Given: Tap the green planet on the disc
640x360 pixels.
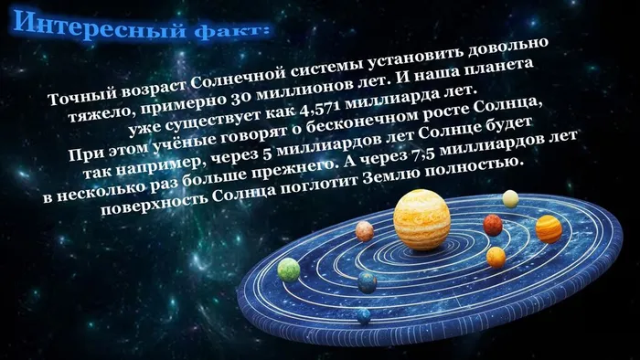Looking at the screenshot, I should point(289,269).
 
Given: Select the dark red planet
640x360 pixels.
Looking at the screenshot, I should point(493,224).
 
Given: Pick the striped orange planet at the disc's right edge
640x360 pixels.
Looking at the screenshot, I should point(549,228).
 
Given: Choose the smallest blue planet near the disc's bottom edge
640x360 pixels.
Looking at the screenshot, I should point(364,315).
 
